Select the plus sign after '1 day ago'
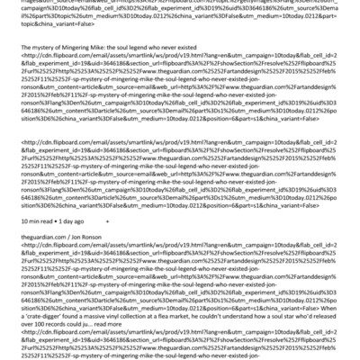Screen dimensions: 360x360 (107, 219)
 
